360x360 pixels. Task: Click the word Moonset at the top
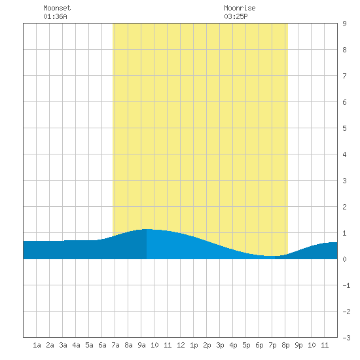coord(57,8)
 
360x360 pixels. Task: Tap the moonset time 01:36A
coord(55,16)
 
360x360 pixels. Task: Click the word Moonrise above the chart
coord(240,8)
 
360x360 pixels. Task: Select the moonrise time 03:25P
coord(236,16)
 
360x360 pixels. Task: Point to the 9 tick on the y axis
coord(344,24)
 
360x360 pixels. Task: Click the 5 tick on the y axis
coord(344,128)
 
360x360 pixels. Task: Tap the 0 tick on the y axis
coord(344,259)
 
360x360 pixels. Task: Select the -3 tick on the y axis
coord(346,338)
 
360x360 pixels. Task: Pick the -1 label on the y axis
coord(346,285)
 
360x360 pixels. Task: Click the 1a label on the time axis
coord(37,345)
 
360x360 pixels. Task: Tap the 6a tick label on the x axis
coord(102,345)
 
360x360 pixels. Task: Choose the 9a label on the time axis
coord(141,345)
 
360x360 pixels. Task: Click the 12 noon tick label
coord(181,345)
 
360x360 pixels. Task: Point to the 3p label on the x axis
coord(220,345)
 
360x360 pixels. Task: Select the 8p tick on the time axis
coord(285,345)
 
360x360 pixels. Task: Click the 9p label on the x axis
coord(298,345)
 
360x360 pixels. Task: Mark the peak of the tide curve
coord(147,229)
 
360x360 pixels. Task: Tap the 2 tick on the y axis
coord(344,207)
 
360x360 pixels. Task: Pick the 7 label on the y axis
coord(344,76)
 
